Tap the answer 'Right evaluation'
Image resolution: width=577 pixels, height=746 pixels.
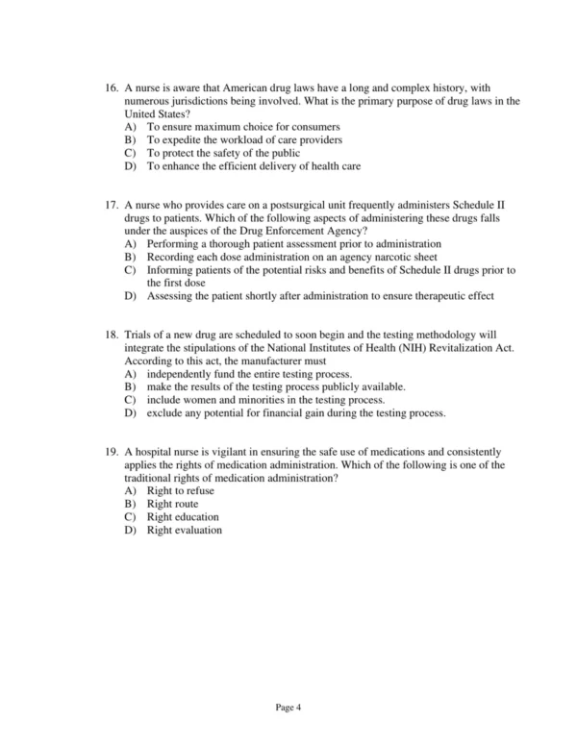[185, 530]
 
